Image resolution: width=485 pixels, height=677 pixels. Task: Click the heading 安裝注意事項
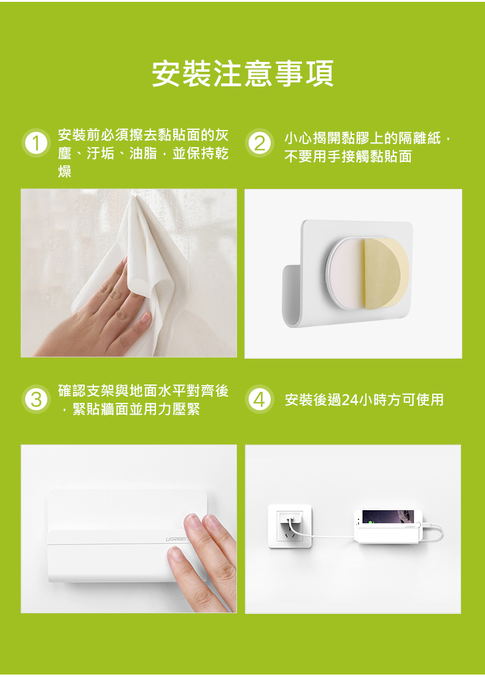[243, 74]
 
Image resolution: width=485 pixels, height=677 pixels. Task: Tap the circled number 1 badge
[36, 143]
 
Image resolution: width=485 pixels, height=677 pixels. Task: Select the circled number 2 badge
[259, 143]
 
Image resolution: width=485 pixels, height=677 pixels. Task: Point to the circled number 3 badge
[36, 399]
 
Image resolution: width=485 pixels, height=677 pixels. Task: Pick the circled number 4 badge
[259, 399]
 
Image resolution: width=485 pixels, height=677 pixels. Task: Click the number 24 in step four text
[350, 400]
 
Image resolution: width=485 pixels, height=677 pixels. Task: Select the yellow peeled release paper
[386, 273]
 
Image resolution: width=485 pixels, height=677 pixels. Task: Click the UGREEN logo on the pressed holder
[177, 539]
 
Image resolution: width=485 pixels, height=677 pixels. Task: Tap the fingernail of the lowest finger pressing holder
[176, 553]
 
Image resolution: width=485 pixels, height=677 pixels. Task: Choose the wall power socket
[290, 526]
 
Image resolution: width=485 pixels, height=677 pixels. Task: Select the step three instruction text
[143, 400]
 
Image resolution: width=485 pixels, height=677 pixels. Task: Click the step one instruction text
[143, 153]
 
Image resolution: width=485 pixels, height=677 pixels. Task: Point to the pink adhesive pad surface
[346, 274]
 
